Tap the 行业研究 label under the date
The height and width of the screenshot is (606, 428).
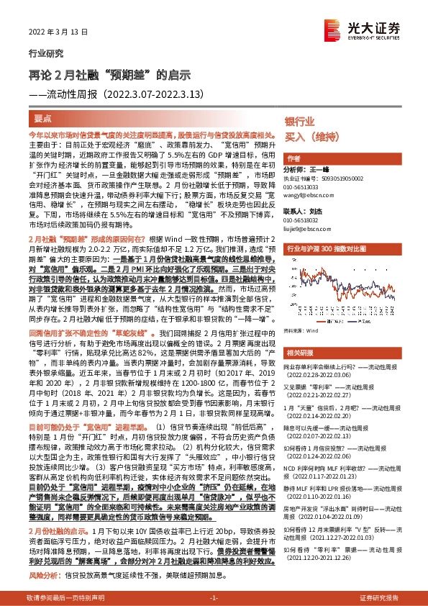click(x=45, y=53)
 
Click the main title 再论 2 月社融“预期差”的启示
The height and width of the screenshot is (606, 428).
click(x=108, y=74)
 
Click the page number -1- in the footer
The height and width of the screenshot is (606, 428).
click(x=213, y=598)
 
